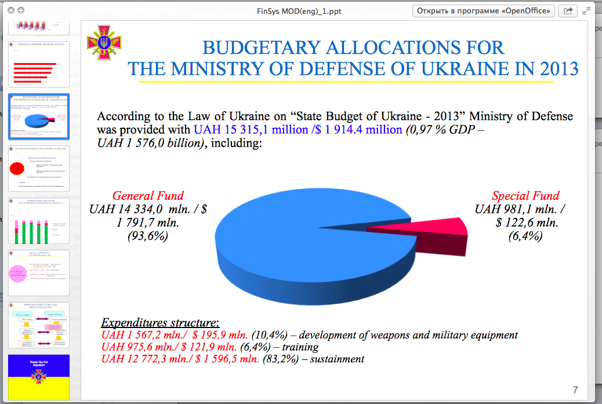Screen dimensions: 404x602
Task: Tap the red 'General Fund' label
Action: point(148,196)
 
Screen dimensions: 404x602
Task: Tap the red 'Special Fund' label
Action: point(525,196)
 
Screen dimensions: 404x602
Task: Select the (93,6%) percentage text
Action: point(148,236)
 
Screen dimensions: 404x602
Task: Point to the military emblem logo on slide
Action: point(104,42)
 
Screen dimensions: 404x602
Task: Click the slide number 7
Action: point(575,390)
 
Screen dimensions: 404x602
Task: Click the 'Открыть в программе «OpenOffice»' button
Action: point(484,10)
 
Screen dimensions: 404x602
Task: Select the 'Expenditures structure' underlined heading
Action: point(160,323)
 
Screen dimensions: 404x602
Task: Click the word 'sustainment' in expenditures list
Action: point(337,359)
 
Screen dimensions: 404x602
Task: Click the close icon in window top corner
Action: point(11,10)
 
